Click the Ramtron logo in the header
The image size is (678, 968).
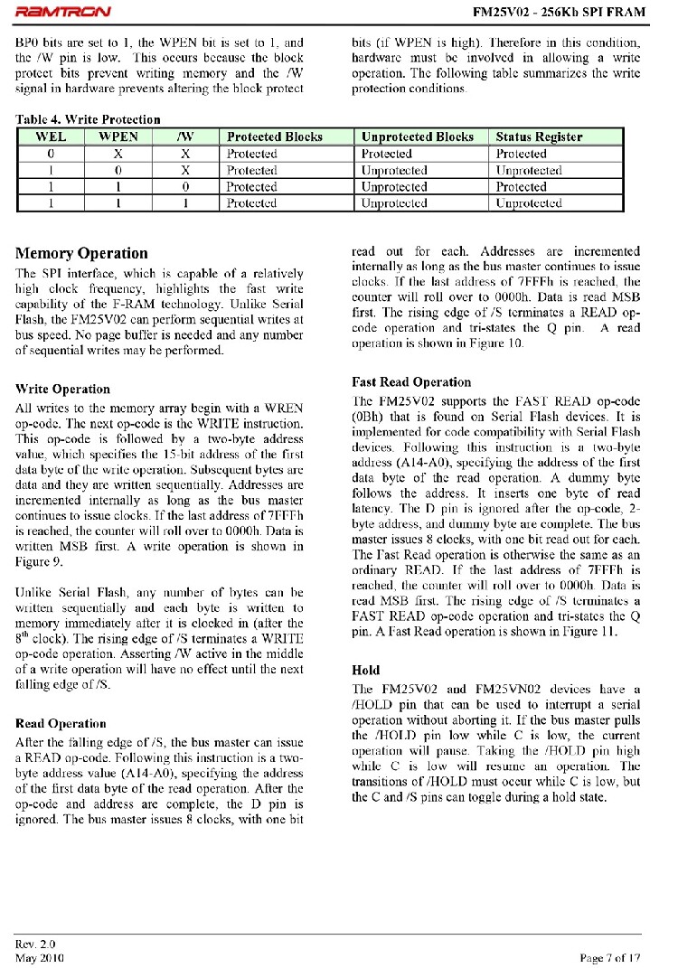63,12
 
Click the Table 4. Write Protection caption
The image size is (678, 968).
88,119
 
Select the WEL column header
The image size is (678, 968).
51,136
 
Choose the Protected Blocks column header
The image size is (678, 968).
275,136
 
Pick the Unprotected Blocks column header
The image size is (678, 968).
417,136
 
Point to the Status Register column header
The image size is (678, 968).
539,136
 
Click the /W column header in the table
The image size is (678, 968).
187,136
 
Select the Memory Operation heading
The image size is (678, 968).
81,253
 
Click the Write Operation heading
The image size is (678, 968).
62,389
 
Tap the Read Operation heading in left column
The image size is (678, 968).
61,723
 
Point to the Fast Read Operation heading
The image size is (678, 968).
410,381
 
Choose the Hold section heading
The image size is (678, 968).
365,670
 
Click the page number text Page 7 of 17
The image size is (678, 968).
609,957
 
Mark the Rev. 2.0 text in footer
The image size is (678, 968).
35,944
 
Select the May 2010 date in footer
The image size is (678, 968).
39,957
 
